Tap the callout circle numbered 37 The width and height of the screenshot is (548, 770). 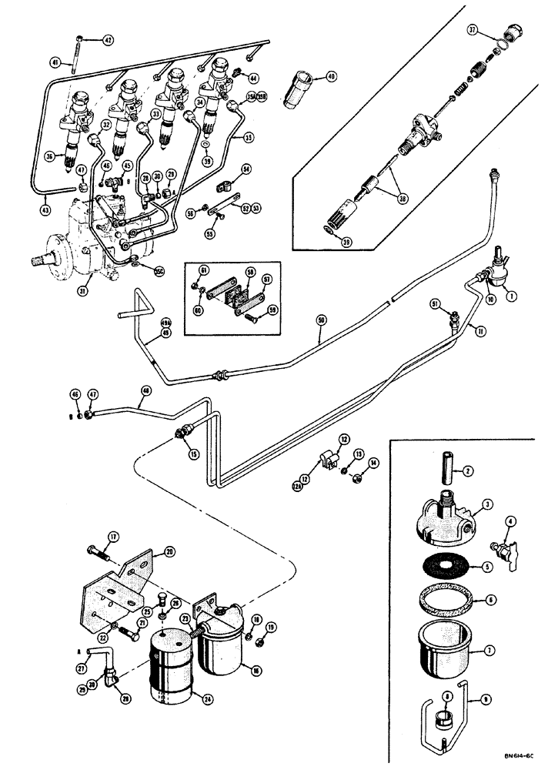[473, 30]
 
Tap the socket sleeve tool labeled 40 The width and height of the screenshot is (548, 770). [302, 81]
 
